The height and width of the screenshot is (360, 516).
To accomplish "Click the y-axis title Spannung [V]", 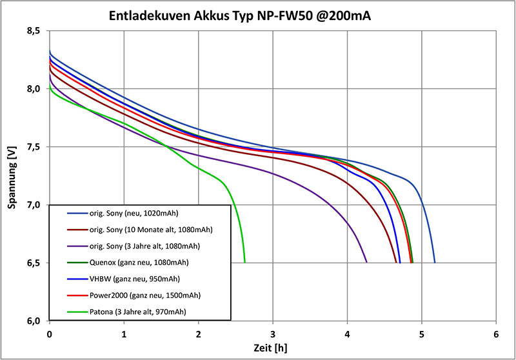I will coord(12,175).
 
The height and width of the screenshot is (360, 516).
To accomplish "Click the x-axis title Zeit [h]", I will coord(272,348).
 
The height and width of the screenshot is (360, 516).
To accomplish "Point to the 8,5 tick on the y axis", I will coord(34,31).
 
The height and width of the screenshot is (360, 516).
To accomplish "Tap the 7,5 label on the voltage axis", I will coord(34,147).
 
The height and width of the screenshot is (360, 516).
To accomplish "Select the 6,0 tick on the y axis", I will coord(34,321).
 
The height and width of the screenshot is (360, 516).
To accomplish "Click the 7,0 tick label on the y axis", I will coord(34,205).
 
